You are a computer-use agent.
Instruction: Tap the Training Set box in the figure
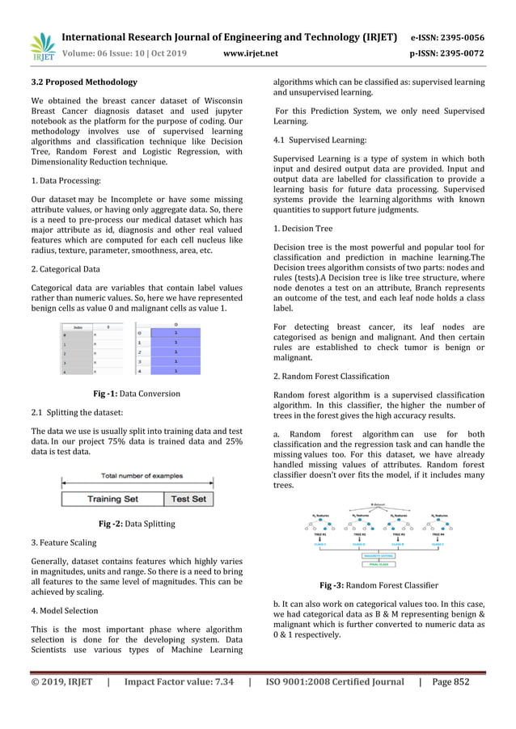click(112, 499)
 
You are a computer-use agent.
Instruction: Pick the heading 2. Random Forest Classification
click(332, 376)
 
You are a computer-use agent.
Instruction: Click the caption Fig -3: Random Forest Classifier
click(379, 585)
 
